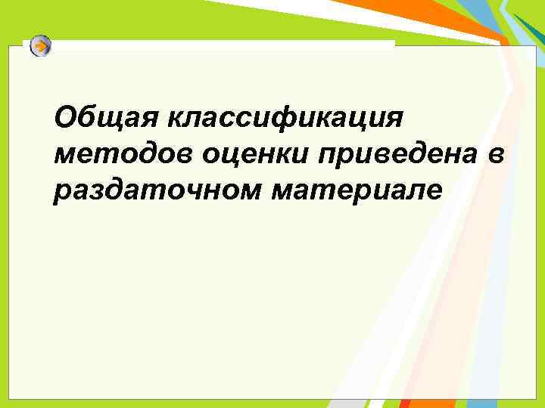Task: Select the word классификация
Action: point(288,118)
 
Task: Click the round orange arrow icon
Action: point(41,46)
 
